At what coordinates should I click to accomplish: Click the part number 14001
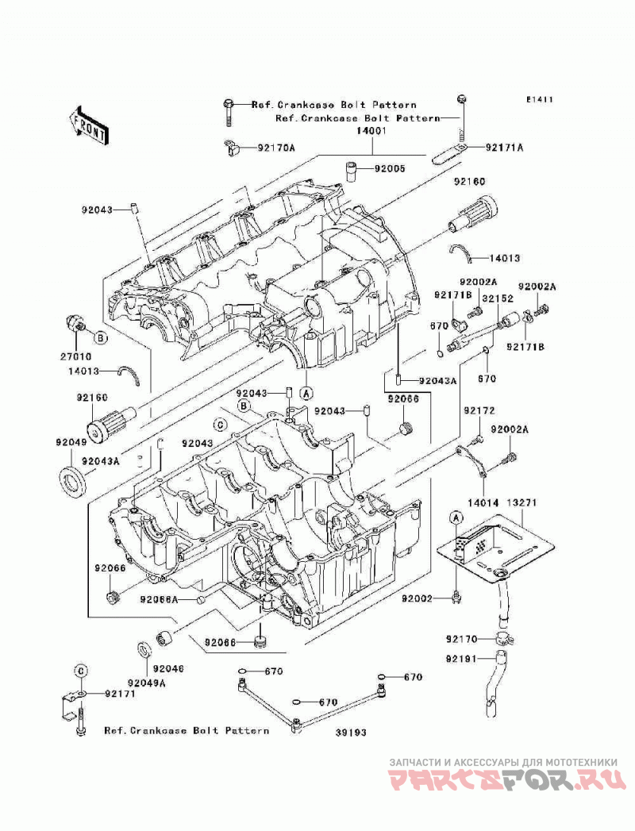point(371,130)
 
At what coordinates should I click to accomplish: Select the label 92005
point(390,169)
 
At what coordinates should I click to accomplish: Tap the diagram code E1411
point(539,100)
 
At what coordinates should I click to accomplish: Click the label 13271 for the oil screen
point(521,502)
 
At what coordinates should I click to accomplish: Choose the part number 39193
point(350,733)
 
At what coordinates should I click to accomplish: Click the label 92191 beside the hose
point(461,659)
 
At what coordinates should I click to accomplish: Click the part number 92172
point(479,410)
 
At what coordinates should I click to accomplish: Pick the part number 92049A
point(146,683)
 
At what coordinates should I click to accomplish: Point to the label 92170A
point(276,148)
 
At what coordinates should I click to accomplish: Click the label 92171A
point(503,148)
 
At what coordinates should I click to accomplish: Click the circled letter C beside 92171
point(80,670)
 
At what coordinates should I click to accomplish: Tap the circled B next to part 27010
point(100,337)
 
